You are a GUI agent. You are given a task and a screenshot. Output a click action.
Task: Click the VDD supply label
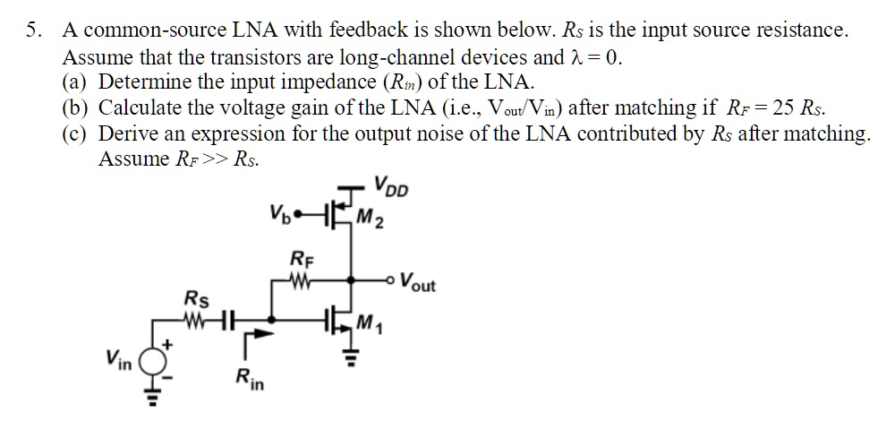click(392, 189)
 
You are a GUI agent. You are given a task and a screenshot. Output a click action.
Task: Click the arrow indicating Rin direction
click(252, 339)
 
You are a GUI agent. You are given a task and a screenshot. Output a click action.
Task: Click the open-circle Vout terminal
click(391, 280)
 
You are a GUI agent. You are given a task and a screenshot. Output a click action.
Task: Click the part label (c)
click(77, 133)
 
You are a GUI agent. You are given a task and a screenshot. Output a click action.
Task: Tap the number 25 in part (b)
click(784, 107)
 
